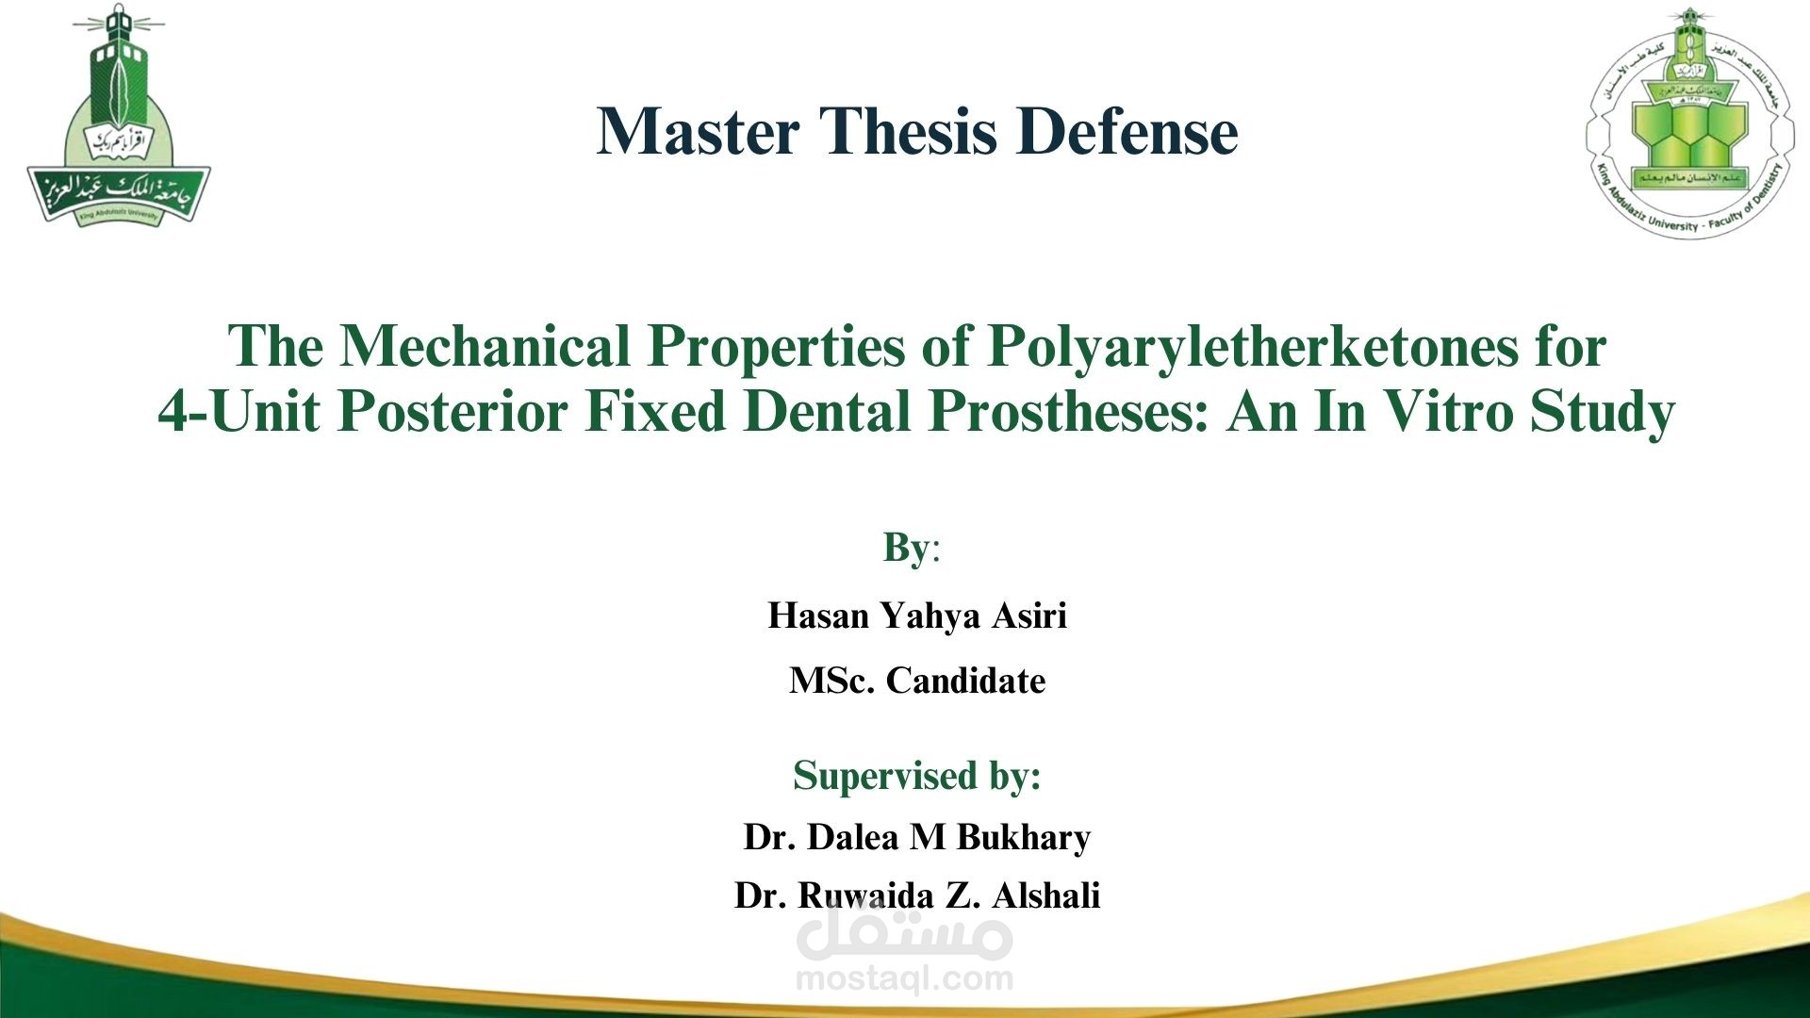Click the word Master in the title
[x=699, y=131]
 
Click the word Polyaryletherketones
[x=1252, y=346]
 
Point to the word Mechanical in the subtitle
[x=485, y=346]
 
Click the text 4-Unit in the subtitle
[x=239, y=412]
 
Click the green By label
[x=906, y=548]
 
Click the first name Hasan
[x=818, y=616]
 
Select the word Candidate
[x=965, y=681]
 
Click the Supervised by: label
[x=916, y=776]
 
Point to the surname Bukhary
[x=1024, y=837]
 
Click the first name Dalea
[x=852, y=837]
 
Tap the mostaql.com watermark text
[x=904, y=978]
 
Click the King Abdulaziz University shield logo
[x=119, y=118]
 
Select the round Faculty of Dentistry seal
[x=1690, y=123]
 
